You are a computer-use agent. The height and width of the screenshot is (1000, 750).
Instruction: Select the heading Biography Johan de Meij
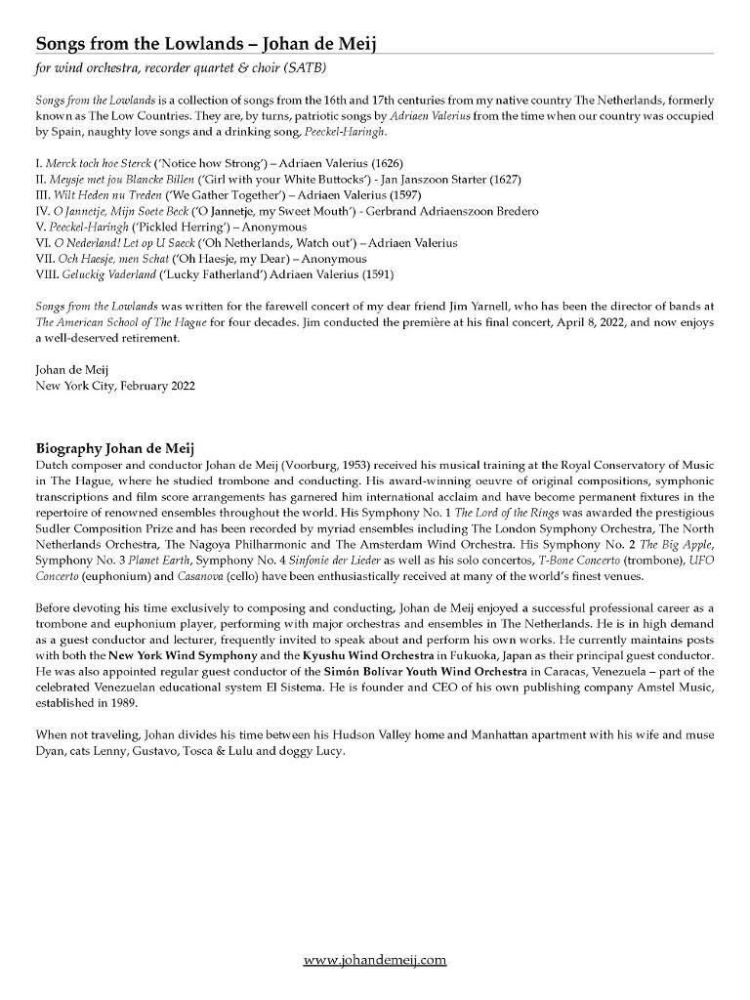pyautogui.click(x=115, y=448)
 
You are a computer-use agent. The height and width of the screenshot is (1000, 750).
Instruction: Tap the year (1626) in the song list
pyautogui.click(x=385, y=163)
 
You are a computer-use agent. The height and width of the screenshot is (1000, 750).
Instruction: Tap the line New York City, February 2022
pyautogui.click(x=115, y=386)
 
